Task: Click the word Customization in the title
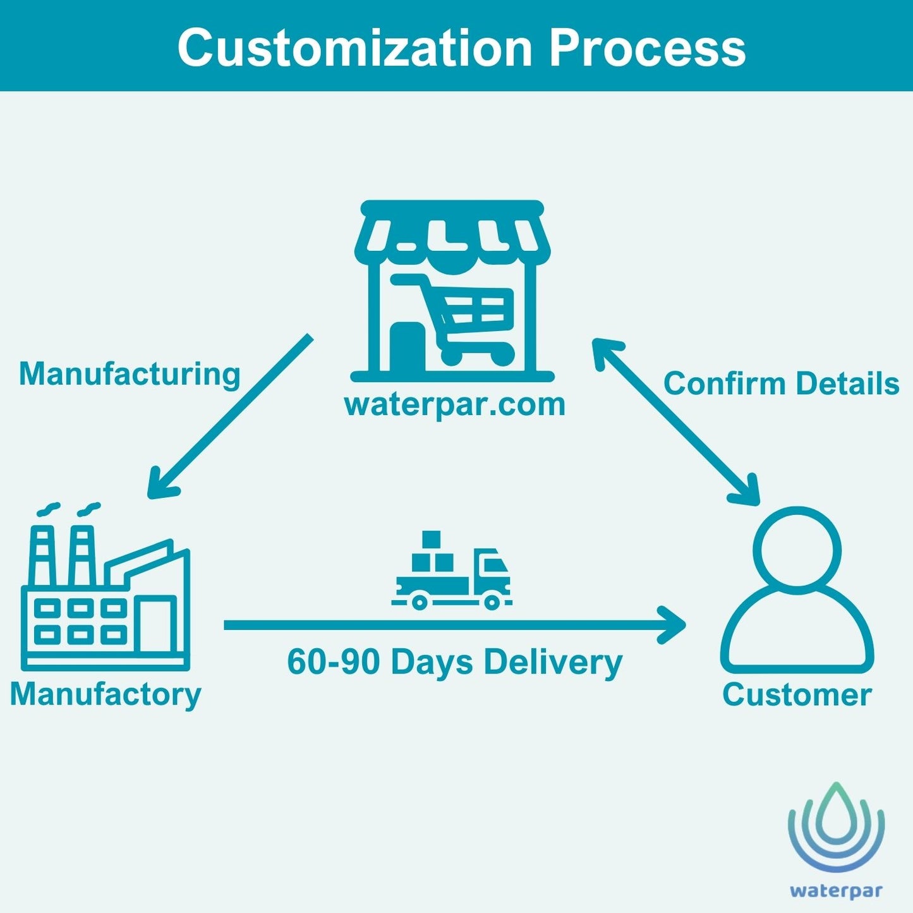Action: click(354, 48)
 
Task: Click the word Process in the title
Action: click(647, 48)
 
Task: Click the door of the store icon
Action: click(407, 348)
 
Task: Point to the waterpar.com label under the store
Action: click(454, 404)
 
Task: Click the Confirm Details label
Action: click(781, 384)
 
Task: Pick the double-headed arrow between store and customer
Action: click(675, 422)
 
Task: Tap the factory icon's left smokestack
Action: click(43, 556)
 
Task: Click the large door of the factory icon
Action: click(155, 626)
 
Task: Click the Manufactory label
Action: click(106, 694)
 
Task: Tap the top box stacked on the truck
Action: click(431, 540)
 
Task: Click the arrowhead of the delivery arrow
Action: click(673, 625)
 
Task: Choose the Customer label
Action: click(797, 694)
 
